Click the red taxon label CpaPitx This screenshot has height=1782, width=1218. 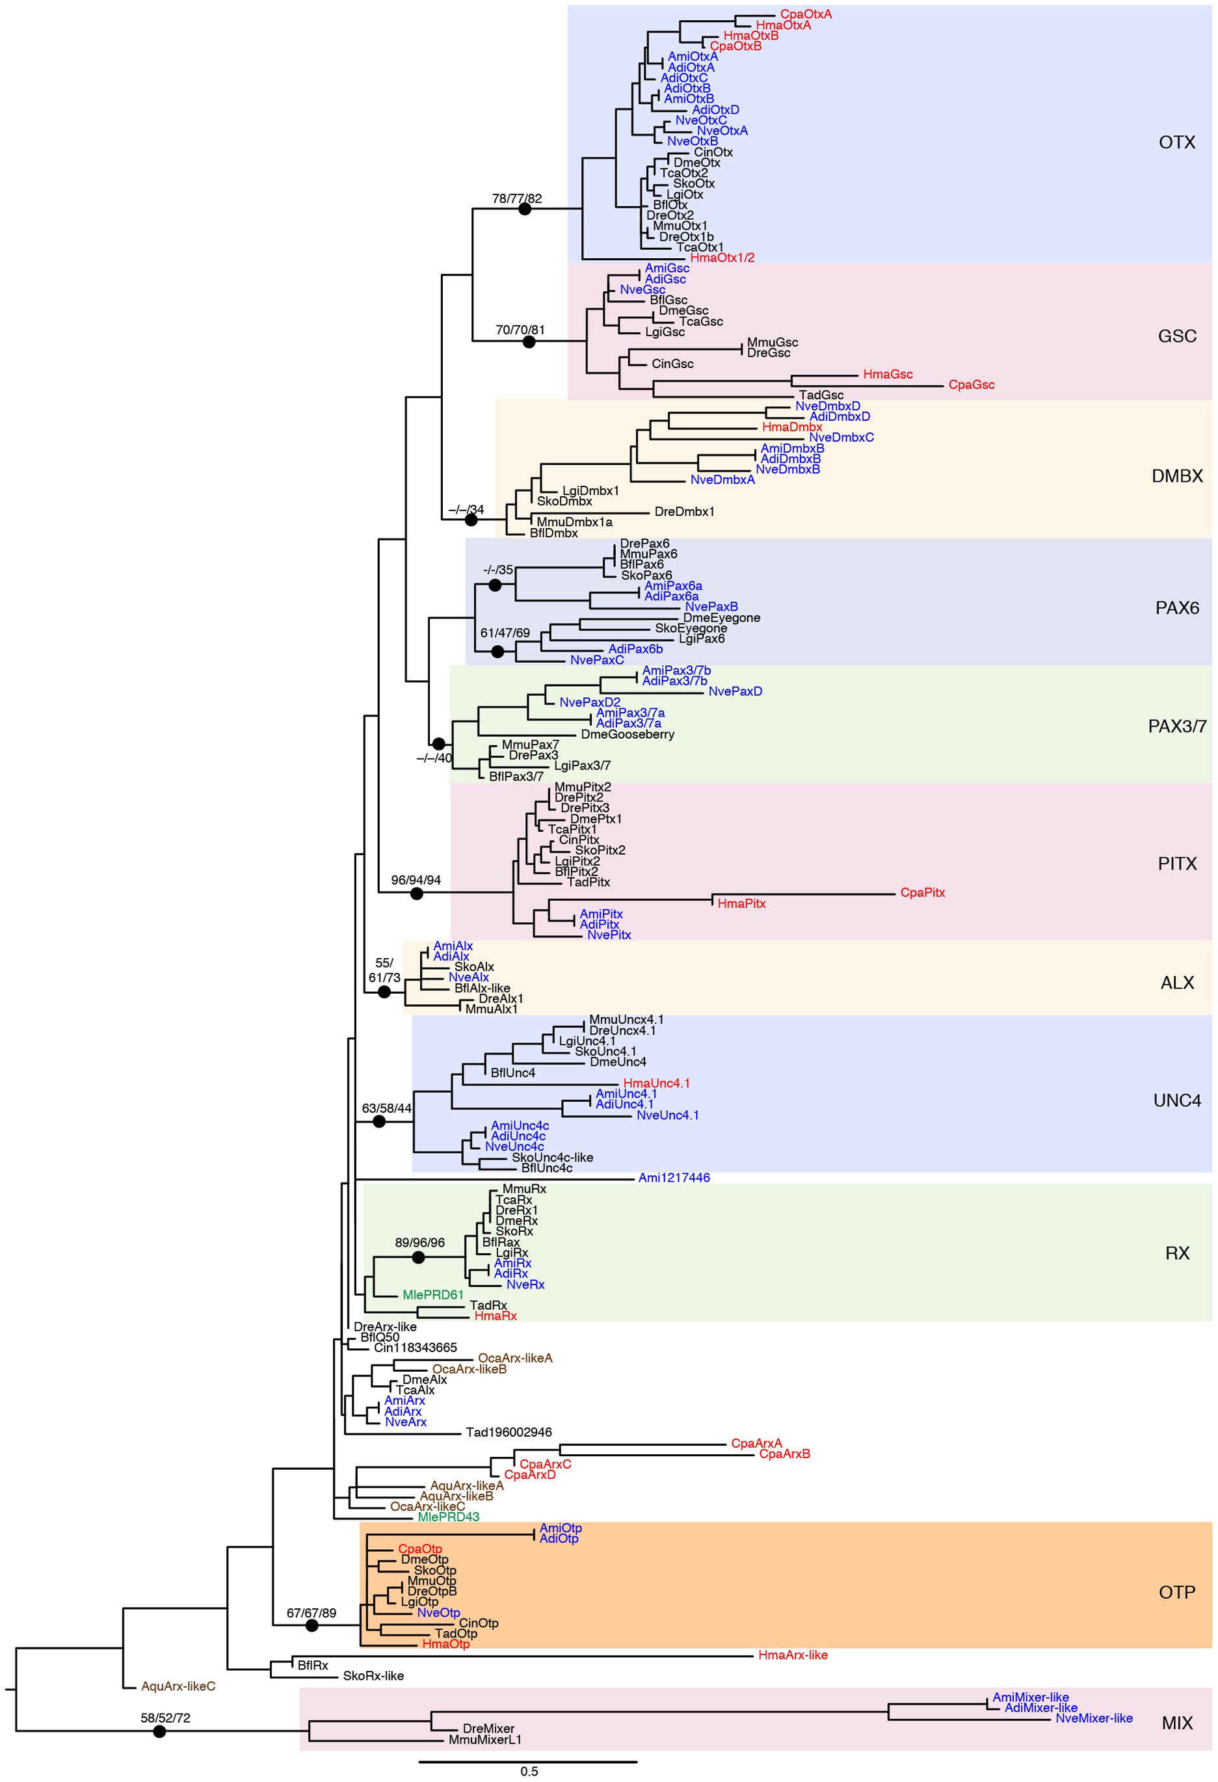[x=922, y=892]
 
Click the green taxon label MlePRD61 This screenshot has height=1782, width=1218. [x=433, y=1295]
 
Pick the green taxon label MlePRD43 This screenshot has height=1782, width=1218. [x=449, y=1517]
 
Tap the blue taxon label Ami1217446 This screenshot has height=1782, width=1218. [x=674, y=1178]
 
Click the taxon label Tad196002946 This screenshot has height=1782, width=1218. [x=509, y=1432]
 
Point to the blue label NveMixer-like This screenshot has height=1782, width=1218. [x=1093, y=1718]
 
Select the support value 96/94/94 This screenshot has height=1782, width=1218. [x=416, y=880]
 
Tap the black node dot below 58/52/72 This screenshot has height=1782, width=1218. [x=159, y=1731]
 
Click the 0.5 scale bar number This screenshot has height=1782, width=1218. [x=529, y=1772]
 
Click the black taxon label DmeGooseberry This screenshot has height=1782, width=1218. [x=627, y=734]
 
